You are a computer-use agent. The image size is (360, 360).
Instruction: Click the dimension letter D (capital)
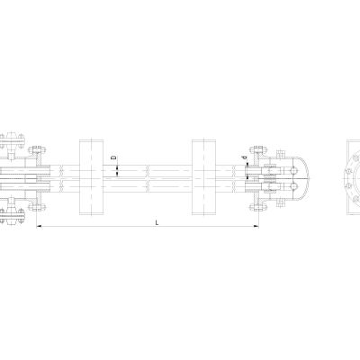114,157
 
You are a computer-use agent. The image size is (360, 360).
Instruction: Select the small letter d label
245,157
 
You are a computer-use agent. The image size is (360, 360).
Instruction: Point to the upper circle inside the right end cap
293,170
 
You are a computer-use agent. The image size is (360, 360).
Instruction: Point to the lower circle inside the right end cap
293,186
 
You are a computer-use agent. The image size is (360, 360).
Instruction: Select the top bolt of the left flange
37,149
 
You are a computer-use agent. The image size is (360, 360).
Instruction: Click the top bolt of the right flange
258,149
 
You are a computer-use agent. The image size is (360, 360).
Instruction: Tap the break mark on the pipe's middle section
148,178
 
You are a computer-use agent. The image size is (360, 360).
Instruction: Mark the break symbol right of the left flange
61,178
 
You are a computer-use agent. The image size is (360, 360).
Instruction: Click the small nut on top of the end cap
281,154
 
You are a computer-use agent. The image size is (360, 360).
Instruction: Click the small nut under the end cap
281,202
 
